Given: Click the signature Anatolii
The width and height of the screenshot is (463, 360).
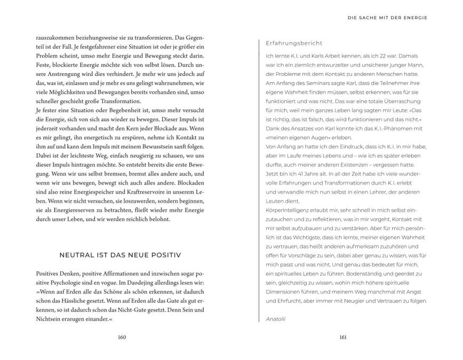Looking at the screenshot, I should pyautogui.click(x=276, y=318).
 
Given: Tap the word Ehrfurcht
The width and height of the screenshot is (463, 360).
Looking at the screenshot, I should pyautogui.click(x=284, y=301).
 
